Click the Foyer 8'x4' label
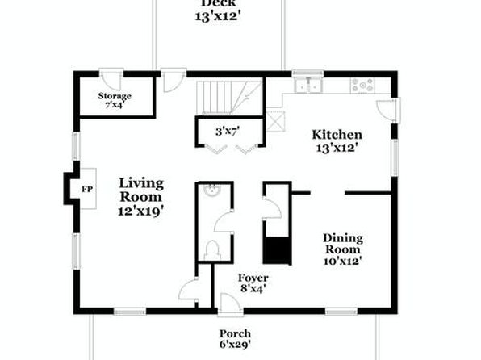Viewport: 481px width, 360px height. tap(253, 283)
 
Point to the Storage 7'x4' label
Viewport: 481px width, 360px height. tap(115, 100)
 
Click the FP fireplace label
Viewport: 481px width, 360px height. tap(87, 189)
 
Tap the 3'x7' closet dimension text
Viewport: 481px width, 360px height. tap(228, 132)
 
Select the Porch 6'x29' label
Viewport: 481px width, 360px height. tap(235, 339)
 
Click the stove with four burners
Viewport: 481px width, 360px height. tap(362, 86)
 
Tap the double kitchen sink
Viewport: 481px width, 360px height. tap(307, 85)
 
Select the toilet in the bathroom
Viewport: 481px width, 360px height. tap(212, 250)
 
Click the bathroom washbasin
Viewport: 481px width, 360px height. tap(212, 190)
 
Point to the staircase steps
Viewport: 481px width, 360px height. tap(229, 98)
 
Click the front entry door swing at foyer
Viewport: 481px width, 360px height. tap(230, 303)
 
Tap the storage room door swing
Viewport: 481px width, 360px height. tap(111, 81)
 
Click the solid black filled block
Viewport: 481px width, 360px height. tap(277, 250)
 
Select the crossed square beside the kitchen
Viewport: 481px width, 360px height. tap(275, 121)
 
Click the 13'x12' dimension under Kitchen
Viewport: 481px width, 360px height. tap(337, 148)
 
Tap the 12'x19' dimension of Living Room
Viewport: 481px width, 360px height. tap(140, 211)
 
